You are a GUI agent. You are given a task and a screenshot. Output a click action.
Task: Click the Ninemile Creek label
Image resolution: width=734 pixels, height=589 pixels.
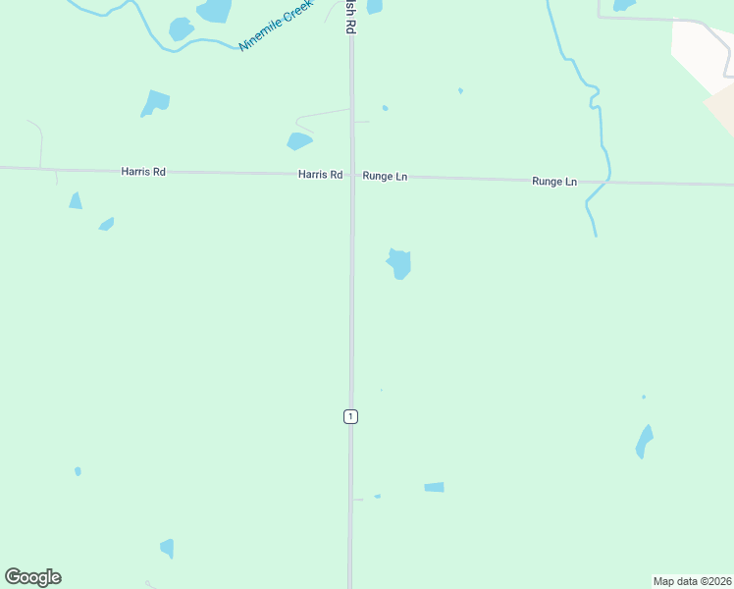[276, 27]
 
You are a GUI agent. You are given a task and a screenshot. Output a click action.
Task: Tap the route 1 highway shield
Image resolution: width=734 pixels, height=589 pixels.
[350, 416]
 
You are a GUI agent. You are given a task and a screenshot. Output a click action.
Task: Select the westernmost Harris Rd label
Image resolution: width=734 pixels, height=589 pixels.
[143, 172]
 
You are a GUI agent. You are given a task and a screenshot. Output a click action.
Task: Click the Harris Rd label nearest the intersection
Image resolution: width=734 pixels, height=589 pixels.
[321, 175]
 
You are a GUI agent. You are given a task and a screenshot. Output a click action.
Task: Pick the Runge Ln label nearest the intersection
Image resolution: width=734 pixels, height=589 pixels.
[385, 177]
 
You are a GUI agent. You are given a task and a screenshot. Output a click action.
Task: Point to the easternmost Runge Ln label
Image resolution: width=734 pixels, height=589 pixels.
[554, 182]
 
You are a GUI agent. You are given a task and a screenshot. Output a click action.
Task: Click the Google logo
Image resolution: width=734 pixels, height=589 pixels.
[33, 577]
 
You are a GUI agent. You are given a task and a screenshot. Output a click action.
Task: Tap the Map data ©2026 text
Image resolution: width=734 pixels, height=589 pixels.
[692, 581]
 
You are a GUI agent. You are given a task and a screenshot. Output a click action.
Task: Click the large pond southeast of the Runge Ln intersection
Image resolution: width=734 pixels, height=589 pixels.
[399, 263]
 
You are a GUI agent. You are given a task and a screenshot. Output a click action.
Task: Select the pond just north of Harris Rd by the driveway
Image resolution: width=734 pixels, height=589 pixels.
[299, 141]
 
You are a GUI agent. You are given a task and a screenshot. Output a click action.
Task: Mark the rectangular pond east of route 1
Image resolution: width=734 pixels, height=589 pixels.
[434, 487]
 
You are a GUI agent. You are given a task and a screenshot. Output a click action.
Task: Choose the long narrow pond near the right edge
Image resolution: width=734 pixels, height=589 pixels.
[644, 441]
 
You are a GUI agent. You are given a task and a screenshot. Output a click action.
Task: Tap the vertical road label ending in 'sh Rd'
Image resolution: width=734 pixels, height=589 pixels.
[348, 18]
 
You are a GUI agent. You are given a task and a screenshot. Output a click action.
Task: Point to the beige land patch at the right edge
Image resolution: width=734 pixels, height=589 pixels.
[721, 106]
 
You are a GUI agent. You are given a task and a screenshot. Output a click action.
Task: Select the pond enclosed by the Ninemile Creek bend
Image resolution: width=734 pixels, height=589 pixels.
[181, 28]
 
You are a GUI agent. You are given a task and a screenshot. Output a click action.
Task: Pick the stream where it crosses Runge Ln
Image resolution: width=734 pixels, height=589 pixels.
[607, 181]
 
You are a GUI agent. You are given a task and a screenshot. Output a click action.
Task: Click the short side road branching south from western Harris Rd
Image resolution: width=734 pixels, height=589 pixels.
[56, 177]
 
